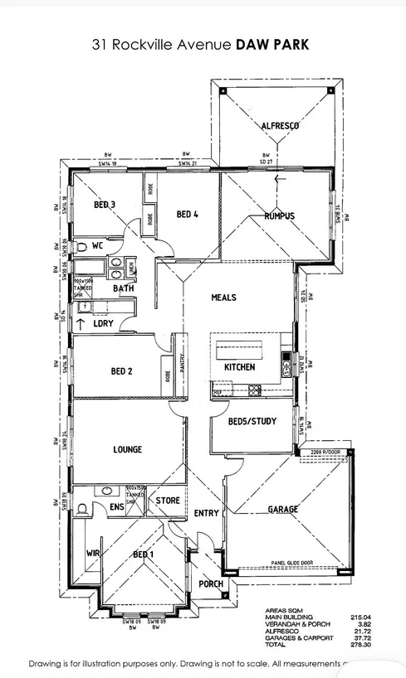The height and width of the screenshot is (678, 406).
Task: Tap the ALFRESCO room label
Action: coord(280,125)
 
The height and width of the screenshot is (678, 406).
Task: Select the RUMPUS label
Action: coord(279,216)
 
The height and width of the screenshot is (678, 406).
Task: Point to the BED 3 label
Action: coord(104,205)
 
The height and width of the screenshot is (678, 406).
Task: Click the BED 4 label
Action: coord(188,214)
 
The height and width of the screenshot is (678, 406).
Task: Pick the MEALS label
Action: coord(223,298)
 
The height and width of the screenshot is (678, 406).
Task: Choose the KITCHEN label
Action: coord(239,366)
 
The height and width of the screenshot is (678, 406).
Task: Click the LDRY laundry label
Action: coord(103,323)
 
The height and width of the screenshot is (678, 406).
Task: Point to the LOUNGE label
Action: coord(127,449)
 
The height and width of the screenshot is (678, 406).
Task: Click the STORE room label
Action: coord(168,501)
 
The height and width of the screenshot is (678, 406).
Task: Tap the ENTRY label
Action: coord(206,513)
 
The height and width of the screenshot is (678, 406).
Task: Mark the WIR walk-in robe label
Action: coord(93,553)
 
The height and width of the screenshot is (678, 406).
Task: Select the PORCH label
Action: coord(211,584)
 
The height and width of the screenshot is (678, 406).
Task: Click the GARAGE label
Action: coord(282,510)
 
